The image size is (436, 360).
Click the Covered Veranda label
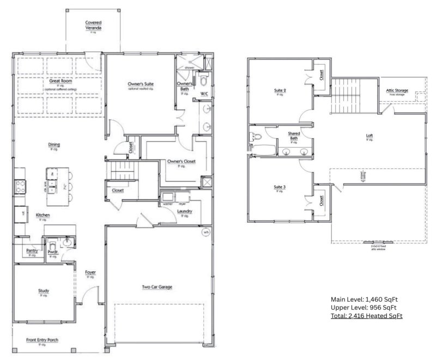pos(93,25)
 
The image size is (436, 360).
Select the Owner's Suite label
pos(141,84)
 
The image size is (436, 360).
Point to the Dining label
pos(54,145)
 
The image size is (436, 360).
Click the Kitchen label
pos(43,216)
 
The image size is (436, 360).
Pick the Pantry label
pos(32,251)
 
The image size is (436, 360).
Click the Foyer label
pos(90,273)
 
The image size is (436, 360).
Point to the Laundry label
pos(184,212)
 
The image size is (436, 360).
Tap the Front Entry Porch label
pos(43,341)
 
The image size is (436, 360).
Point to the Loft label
pos(370,136)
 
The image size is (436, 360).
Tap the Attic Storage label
pos(397,90)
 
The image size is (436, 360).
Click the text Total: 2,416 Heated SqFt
pos(366,316)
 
